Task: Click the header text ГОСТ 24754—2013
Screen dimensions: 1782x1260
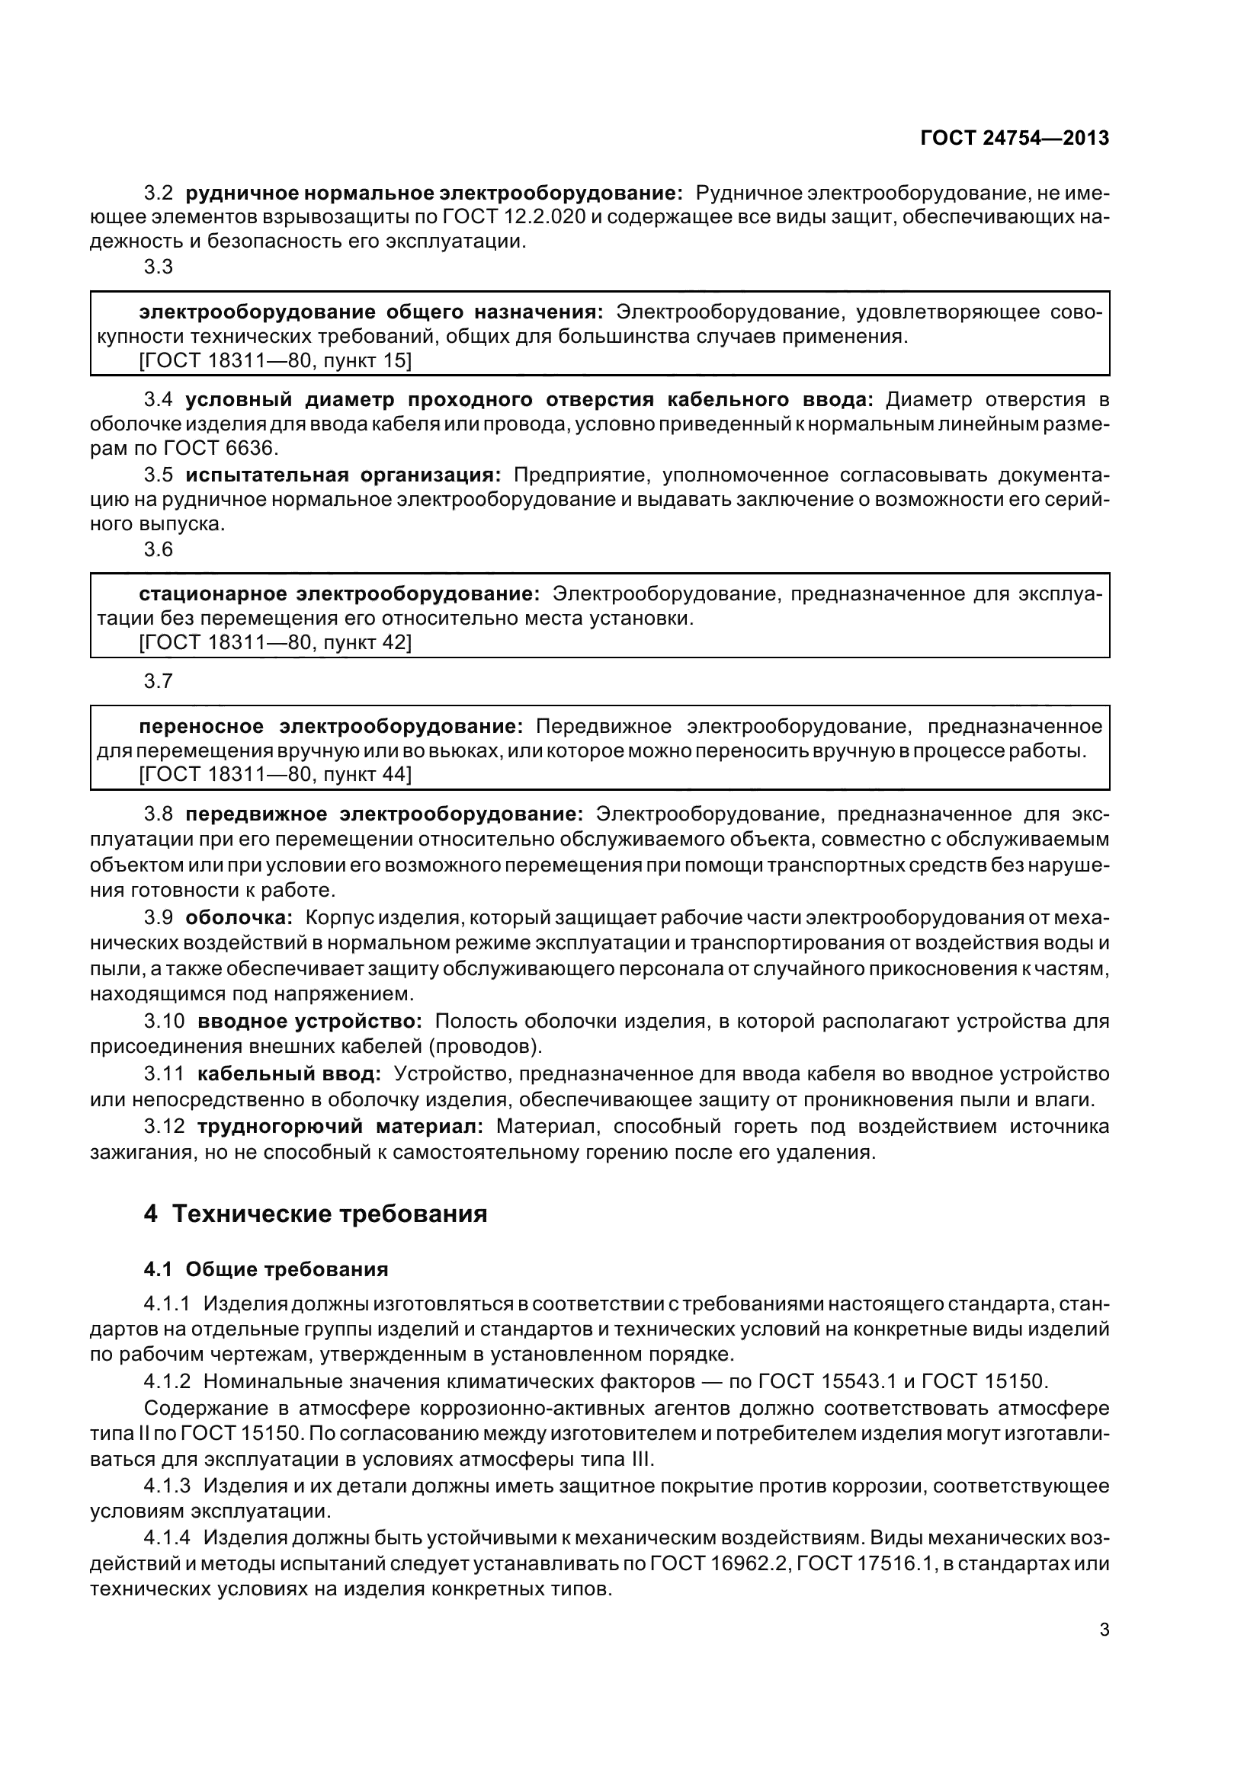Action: click(1014, 138)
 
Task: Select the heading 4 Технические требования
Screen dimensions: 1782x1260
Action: click(316, 1213)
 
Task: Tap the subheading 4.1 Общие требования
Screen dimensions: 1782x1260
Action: click(265, 1269)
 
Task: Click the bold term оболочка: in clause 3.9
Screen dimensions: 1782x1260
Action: click(239, 917)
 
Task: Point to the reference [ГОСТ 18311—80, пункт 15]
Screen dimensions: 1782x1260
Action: click(275, 360)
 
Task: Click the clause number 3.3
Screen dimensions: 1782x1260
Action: click(159, 267)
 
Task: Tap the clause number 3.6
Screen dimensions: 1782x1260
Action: click(159, 549)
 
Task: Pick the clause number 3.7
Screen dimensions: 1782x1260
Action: click(159, 681)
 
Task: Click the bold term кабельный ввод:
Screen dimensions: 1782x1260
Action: click(289, 1074)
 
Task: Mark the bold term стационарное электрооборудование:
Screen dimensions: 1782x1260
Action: click(339, 594)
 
